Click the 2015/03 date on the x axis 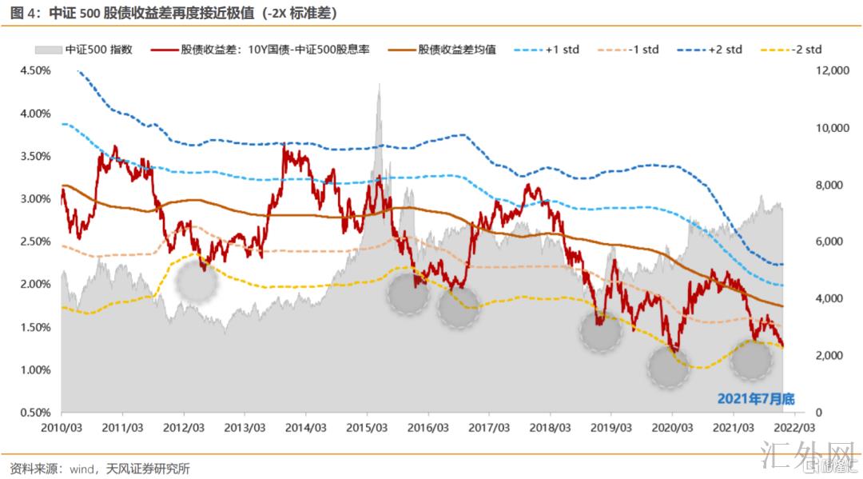(367, 427)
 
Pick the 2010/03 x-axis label (62, 427)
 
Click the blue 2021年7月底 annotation (756, 397)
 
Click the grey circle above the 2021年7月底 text (752, 359)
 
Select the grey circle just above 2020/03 (669, 368)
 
